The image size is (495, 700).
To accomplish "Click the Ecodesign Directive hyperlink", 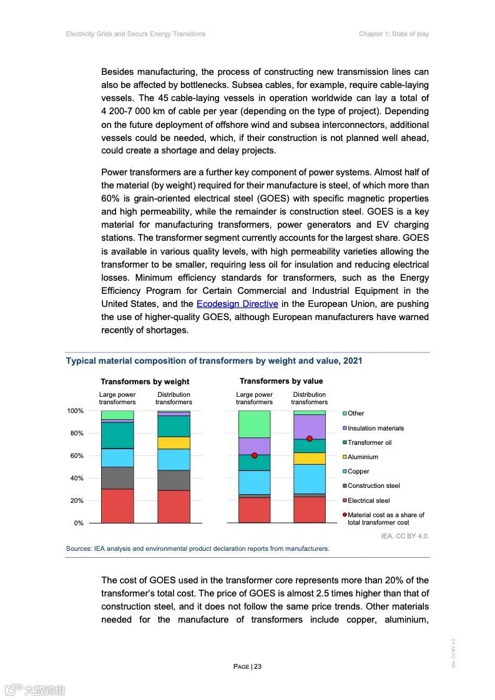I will coord(237,304).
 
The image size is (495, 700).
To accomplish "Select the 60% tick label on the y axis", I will coord(76,456).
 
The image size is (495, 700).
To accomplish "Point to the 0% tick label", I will coord(79,523).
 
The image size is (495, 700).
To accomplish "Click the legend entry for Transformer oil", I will coord(369,442).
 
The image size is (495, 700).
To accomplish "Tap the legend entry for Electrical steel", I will coord(368,500).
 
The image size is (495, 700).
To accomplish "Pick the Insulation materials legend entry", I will coord(375,428).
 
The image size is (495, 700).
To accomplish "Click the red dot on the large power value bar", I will coord(255,455).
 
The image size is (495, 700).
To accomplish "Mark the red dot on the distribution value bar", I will coord(310,439).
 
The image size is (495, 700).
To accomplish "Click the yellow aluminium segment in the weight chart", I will coord(174,443).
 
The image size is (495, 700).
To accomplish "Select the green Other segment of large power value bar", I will coord(254,424).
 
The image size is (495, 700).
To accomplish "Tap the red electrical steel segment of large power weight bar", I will coord(117,506).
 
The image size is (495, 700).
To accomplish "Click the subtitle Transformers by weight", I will coord(145,382).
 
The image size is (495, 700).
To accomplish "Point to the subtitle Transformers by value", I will coord(282,381).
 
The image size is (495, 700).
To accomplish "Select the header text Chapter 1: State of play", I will coord(394,34).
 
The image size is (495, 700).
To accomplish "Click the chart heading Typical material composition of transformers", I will coord(214,361).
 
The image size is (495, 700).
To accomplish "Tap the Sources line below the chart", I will coord(197,549).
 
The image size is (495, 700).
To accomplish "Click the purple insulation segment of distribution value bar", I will coord(310,425).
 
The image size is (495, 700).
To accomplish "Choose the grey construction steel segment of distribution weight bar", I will coord(174,480).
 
